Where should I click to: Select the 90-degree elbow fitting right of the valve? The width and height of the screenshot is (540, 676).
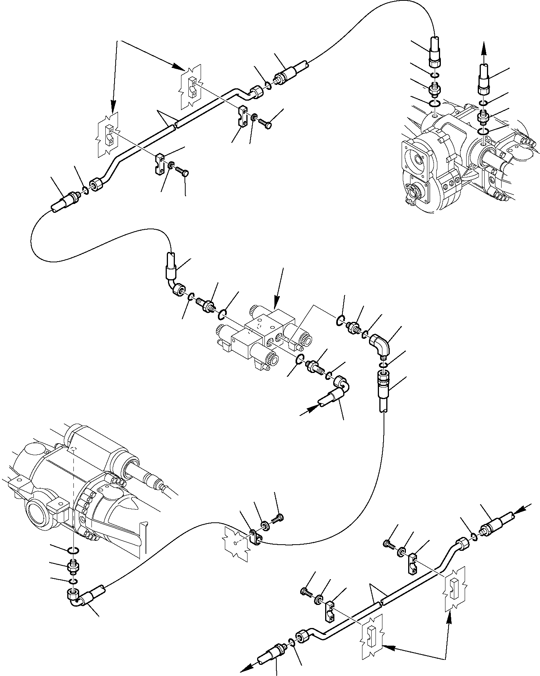coord(381,344)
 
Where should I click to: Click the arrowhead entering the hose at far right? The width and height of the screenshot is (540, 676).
coord(519,510)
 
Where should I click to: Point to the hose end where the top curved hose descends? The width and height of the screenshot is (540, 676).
coord(434,51)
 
